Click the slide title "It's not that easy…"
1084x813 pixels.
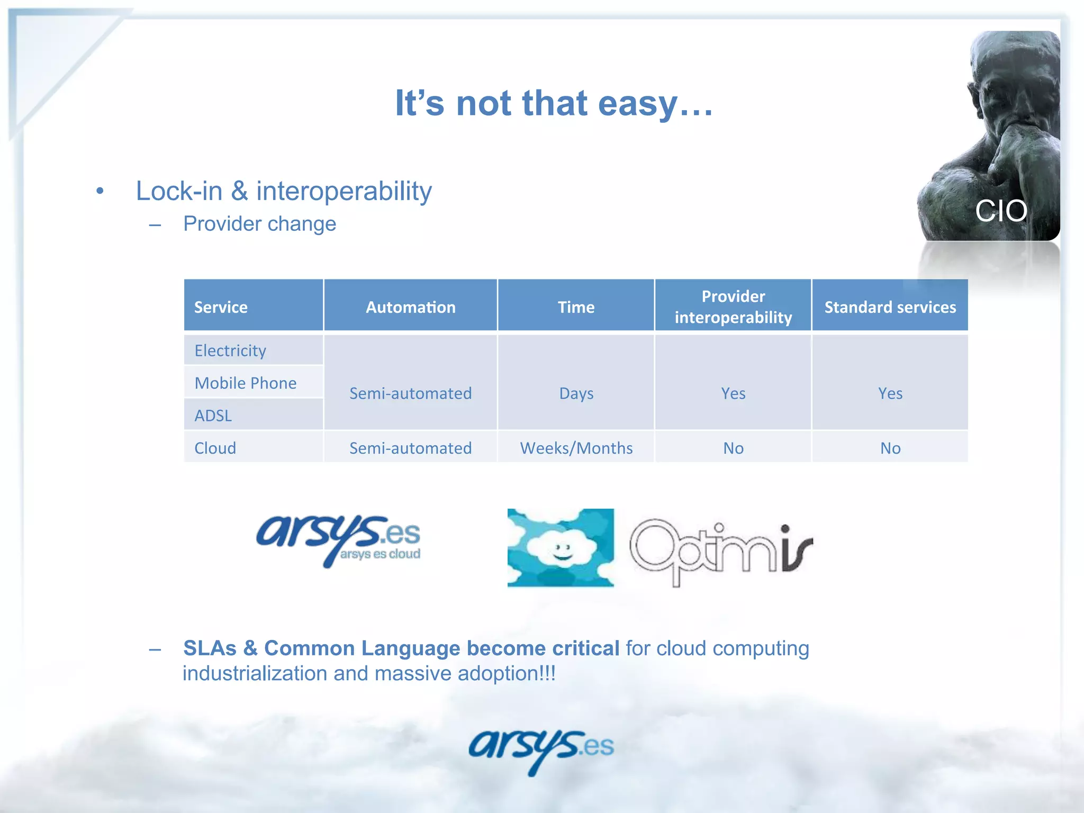click(554, 103)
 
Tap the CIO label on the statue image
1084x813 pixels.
click(1000, 211)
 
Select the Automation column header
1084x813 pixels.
click(410, 307)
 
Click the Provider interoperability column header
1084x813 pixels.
click(733, 307)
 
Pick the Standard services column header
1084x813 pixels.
click(890, 307)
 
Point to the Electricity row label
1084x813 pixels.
click(230, 350)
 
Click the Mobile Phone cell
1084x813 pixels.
click(246, 383)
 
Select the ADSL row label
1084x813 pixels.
click(213, 415)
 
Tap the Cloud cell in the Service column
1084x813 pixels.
click(215, 448)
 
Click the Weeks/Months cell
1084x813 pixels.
click(576, 448)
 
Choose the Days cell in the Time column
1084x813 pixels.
click(576, 393)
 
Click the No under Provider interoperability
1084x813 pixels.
click(733, 448)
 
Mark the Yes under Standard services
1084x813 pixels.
click(890, 393)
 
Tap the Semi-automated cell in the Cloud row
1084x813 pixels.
click(410, 448)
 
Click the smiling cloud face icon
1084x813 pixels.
click(560, 548)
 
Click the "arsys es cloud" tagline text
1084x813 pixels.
click(380, 554)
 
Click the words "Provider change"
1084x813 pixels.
click(259, 224)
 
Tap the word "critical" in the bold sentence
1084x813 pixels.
click(585, 648)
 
